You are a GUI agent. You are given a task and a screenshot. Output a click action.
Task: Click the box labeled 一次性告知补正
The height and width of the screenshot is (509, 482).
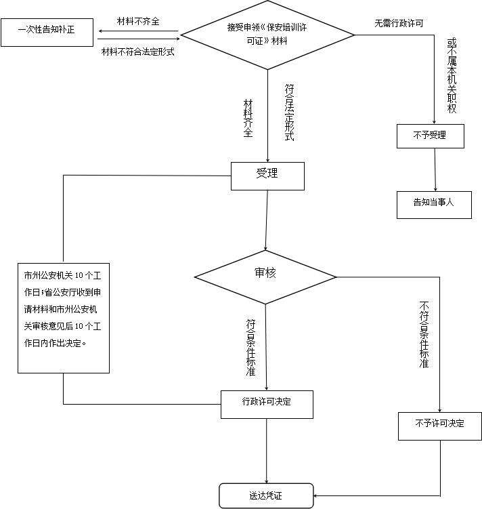(47, 31)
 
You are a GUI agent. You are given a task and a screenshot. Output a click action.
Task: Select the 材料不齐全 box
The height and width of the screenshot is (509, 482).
(138, 21)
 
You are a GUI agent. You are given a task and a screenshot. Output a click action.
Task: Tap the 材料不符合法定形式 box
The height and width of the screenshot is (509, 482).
(138, 52)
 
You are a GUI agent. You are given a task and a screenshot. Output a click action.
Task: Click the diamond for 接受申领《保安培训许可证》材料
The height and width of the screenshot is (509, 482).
(268, 35)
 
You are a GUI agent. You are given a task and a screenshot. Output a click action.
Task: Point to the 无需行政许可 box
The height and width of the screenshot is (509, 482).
(403, 23)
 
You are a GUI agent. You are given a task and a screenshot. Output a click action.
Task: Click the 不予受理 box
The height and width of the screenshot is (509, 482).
(430, 136)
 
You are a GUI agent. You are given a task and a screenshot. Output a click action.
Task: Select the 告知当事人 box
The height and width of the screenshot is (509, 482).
(433, 203)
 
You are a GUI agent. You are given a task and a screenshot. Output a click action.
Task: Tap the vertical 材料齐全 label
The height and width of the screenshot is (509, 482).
(248, 119)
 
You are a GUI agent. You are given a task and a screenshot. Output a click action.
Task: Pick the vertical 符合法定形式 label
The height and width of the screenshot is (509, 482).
(289, 113)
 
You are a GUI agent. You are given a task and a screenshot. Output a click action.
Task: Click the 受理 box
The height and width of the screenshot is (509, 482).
(267, 175)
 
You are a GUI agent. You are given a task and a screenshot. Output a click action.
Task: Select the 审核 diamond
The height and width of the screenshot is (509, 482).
(265, 274)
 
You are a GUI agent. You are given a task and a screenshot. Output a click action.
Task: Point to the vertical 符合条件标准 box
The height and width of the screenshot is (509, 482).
(251, 349)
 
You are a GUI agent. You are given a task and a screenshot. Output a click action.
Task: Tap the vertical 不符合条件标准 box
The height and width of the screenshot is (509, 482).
(424, 338)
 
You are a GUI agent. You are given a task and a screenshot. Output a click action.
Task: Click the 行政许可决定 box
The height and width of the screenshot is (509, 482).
(267, 403)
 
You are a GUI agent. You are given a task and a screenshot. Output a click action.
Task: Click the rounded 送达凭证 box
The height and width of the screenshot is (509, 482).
(265, 495)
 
